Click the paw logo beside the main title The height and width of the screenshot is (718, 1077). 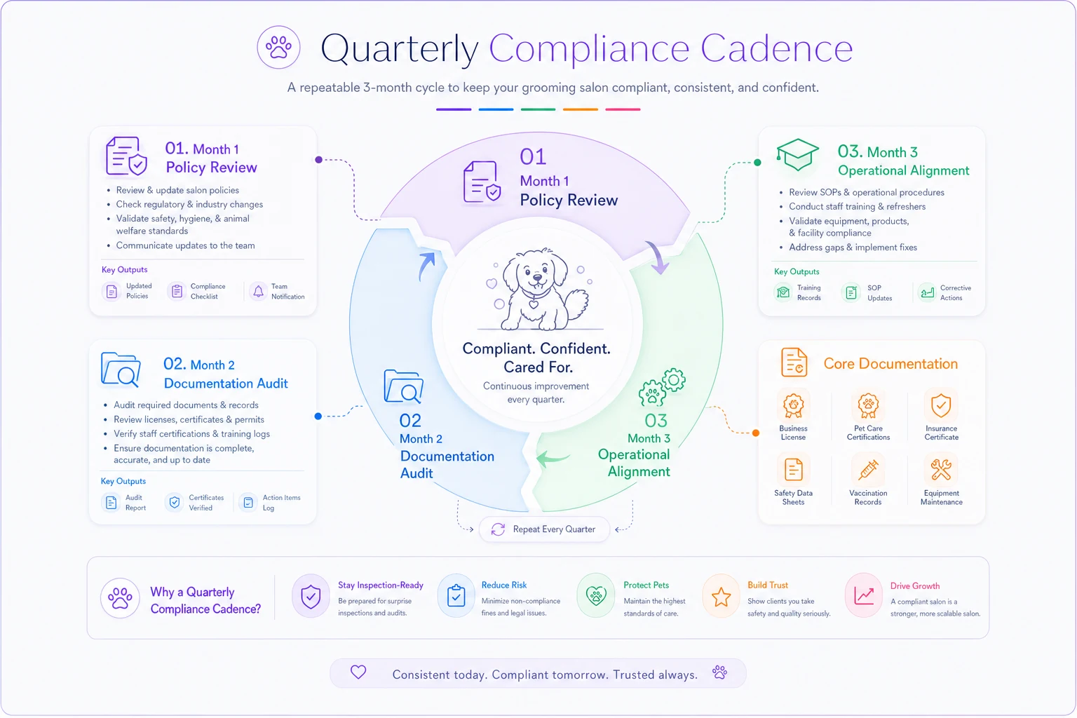click(x=278, y=47)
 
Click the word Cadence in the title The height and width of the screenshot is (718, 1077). click(x=776, y=48)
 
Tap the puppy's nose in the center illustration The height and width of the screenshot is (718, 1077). click(x=537, y=278)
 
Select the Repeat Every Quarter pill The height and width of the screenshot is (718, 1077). click(x=544, y=529)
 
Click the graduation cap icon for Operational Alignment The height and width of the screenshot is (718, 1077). click(x=797, y=154)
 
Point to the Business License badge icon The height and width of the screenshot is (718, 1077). click(x=793, y=405)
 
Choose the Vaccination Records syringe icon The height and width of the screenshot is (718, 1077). click(x=868, y=470)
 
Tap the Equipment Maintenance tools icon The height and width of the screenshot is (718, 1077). click(x=941, y=470)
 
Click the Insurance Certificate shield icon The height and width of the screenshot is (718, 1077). click(x=941, y=405)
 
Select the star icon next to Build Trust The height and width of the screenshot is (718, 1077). click(x=722, y=597)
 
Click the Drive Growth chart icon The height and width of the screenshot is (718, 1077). click(x=864, y=596)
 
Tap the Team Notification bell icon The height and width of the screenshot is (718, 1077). click(x=258, y=291)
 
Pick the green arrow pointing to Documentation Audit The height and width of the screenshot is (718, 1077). click(x=553, y=459)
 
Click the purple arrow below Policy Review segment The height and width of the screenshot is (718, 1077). click(x=657, y=257)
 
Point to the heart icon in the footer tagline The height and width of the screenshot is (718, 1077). click(x=358, y=672)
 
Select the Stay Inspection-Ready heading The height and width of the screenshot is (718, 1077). click(x=380, y=585)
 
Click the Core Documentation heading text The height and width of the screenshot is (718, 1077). click(x=890, y=364)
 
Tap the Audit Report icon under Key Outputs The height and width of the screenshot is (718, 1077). click(x=111, y=503)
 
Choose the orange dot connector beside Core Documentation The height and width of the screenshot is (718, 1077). click(x=756, y=433)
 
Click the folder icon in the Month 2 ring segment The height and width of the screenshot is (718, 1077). click(x=403, y=386)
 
